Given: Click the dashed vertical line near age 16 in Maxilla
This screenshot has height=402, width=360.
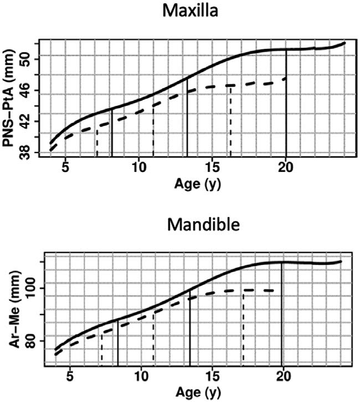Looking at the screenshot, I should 230,122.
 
